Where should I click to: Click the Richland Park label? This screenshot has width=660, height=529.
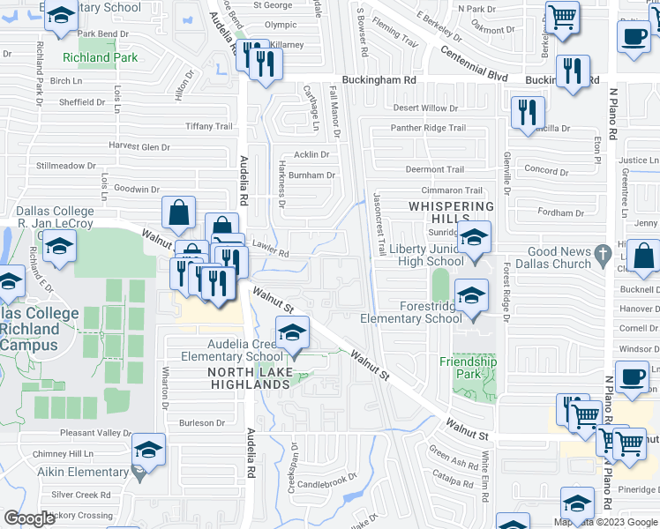[x=100, y=58]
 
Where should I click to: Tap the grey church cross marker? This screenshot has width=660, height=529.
[x=602, y=252]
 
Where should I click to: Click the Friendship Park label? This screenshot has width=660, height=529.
[x=468, y=368]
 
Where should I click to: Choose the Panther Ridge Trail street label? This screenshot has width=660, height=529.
[x=428, y=128]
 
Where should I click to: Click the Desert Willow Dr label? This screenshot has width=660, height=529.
[x=425, y=108]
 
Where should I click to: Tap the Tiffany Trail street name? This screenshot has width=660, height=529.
[x=208, y=126]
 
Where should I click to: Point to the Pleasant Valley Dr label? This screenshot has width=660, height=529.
[x=95, y=433]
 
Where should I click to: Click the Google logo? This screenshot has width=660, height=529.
[x=30, y=518]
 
